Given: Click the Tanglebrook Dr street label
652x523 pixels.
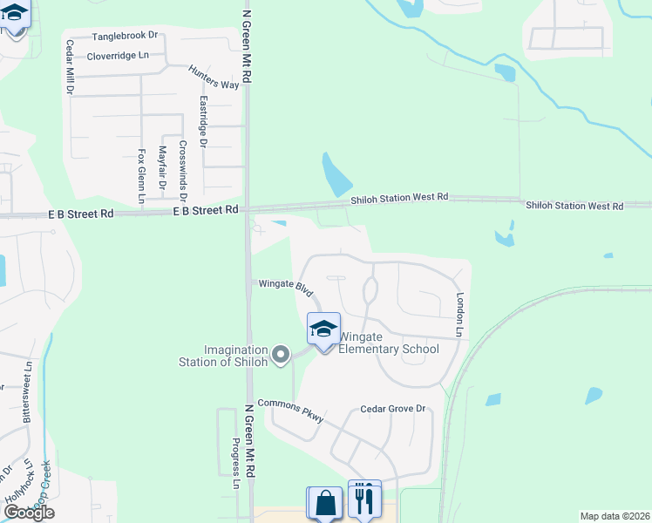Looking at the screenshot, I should tap(126, 37).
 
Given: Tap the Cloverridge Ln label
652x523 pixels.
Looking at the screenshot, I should tap(119, 57).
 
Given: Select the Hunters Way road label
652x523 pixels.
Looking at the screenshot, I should tap(214, 78).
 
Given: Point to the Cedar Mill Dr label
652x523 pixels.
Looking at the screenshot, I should tap(69, 65).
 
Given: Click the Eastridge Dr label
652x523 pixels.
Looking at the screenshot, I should tap(203, 119).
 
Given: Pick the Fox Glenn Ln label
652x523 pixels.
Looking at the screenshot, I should tap(141, 176).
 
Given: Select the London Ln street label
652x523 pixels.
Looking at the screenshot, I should tap(459, 314).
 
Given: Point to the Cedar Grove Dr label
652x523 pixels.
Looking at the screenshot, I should tap(392, 409).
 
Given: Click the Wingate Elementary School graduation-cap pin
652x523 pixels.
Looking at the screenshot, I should tap(323, 329).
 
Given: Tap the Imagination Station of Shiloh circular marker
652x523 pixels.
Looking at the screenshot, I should tap(280, 354).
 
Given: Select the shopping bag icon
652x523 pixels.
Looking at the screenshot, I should tap(325, 503).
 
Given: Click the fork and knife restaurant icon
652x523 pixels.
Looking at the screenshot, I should tap(364, 499).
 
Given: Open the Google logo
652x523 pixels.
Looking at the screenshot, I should tap(29, 513).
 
